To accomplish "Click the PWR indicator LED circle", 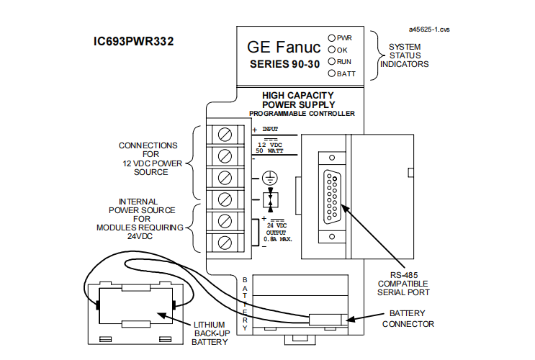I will pyautogui.click(x=331, y=37).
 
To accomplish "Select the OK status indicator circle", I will pyautogui.click(x=331, y=49).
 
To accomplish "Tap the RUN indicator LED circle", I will pyautogui.click(x=331, y=61).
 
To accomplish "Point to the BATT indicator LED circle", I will pyautogui.click(x=331, y=73).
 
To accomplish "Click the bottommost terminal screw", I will pyautogui.click(x=223, y=240).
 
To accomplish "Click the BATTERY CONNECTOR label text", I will pyautogui.click(x=412, y=319).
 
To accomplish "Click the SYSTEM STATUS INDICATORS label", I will pyautogui.click(x=408, y=55).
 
